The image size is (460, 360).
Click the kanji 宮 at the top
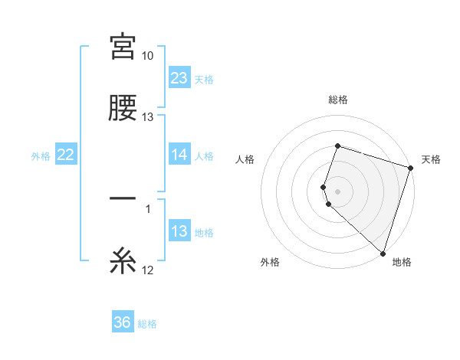click(x=123, y=47)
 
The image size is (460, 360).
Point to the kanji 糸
click(x=123, y=262)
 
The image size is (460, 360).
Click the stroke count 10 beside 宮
click(x=148, y=56)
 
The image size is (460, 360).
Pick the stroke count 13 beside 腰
click(x=148, y=117)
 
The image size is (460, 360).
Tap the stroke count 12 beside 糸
click(x=148, y=270)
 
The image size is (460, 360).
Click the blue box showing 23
click(x=179, y=77)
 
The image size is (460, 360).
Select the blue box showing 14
click(x=179, y=155)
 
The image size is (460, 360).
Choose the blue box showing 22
click(x=66, y=155)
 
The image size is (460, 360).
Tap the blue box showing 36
click(x=123, y=322)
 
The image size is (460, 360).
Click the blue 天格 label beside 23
click(x=204, y=79)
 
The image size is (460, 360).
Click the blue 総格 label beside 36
click(x=147, y=324)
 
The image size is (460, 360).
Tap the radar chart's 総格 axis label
click(x=337, y=100)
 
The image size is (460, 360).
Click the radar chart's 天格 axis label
click(x=431, y=159)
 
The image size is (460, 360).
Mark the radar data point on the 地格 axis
click(x=383, y=253)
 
